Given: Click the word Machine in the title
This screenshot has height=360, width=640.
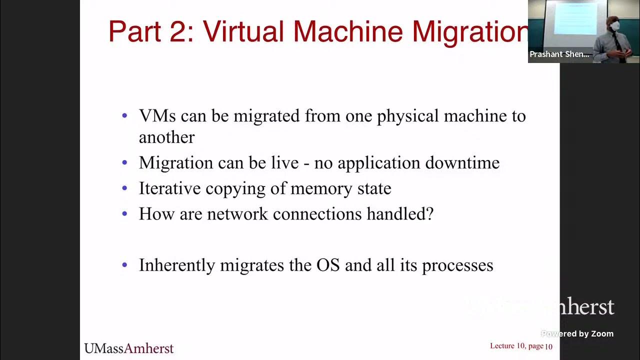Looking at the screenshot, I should click(x=348, y=31).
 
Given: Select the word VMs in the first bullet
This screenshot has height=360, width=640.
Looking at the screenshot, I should click(x=157, y=116).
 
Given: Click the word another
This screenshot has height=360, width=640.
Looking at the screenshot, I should click(x=166, y=137).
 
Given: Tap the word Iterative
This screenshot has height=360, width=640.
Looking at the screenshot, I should click(x=169, y=188).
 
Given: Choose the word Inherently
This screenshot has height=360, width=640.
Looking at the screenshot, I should click(x=177, y=265).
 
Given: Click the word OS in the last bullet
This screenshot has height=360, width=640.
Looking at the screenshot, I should click(x=328, y=265).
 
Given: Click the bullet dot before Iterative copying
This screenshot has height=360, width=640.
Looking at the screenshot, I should click(x=125, y=189).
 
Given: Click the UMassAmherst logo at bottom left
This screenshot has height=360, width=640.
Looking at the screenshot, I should click(x=128, y=348).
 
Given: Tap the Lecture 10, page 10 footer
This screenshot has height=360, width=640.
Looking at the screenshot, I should click(x=521, y=346).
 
